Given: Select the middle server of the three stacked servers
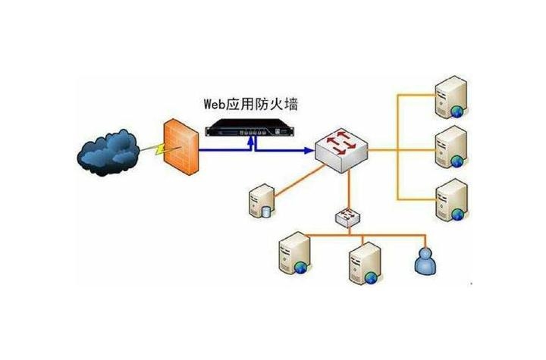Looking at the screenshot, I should pyautogui.click(x=450, y=148).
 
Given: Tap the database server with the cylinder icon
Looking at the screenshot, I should pyautogui.click(x=259, y=202).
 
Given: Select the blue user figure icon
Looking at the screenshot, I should pyautogui.click(x=425, y=260).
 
